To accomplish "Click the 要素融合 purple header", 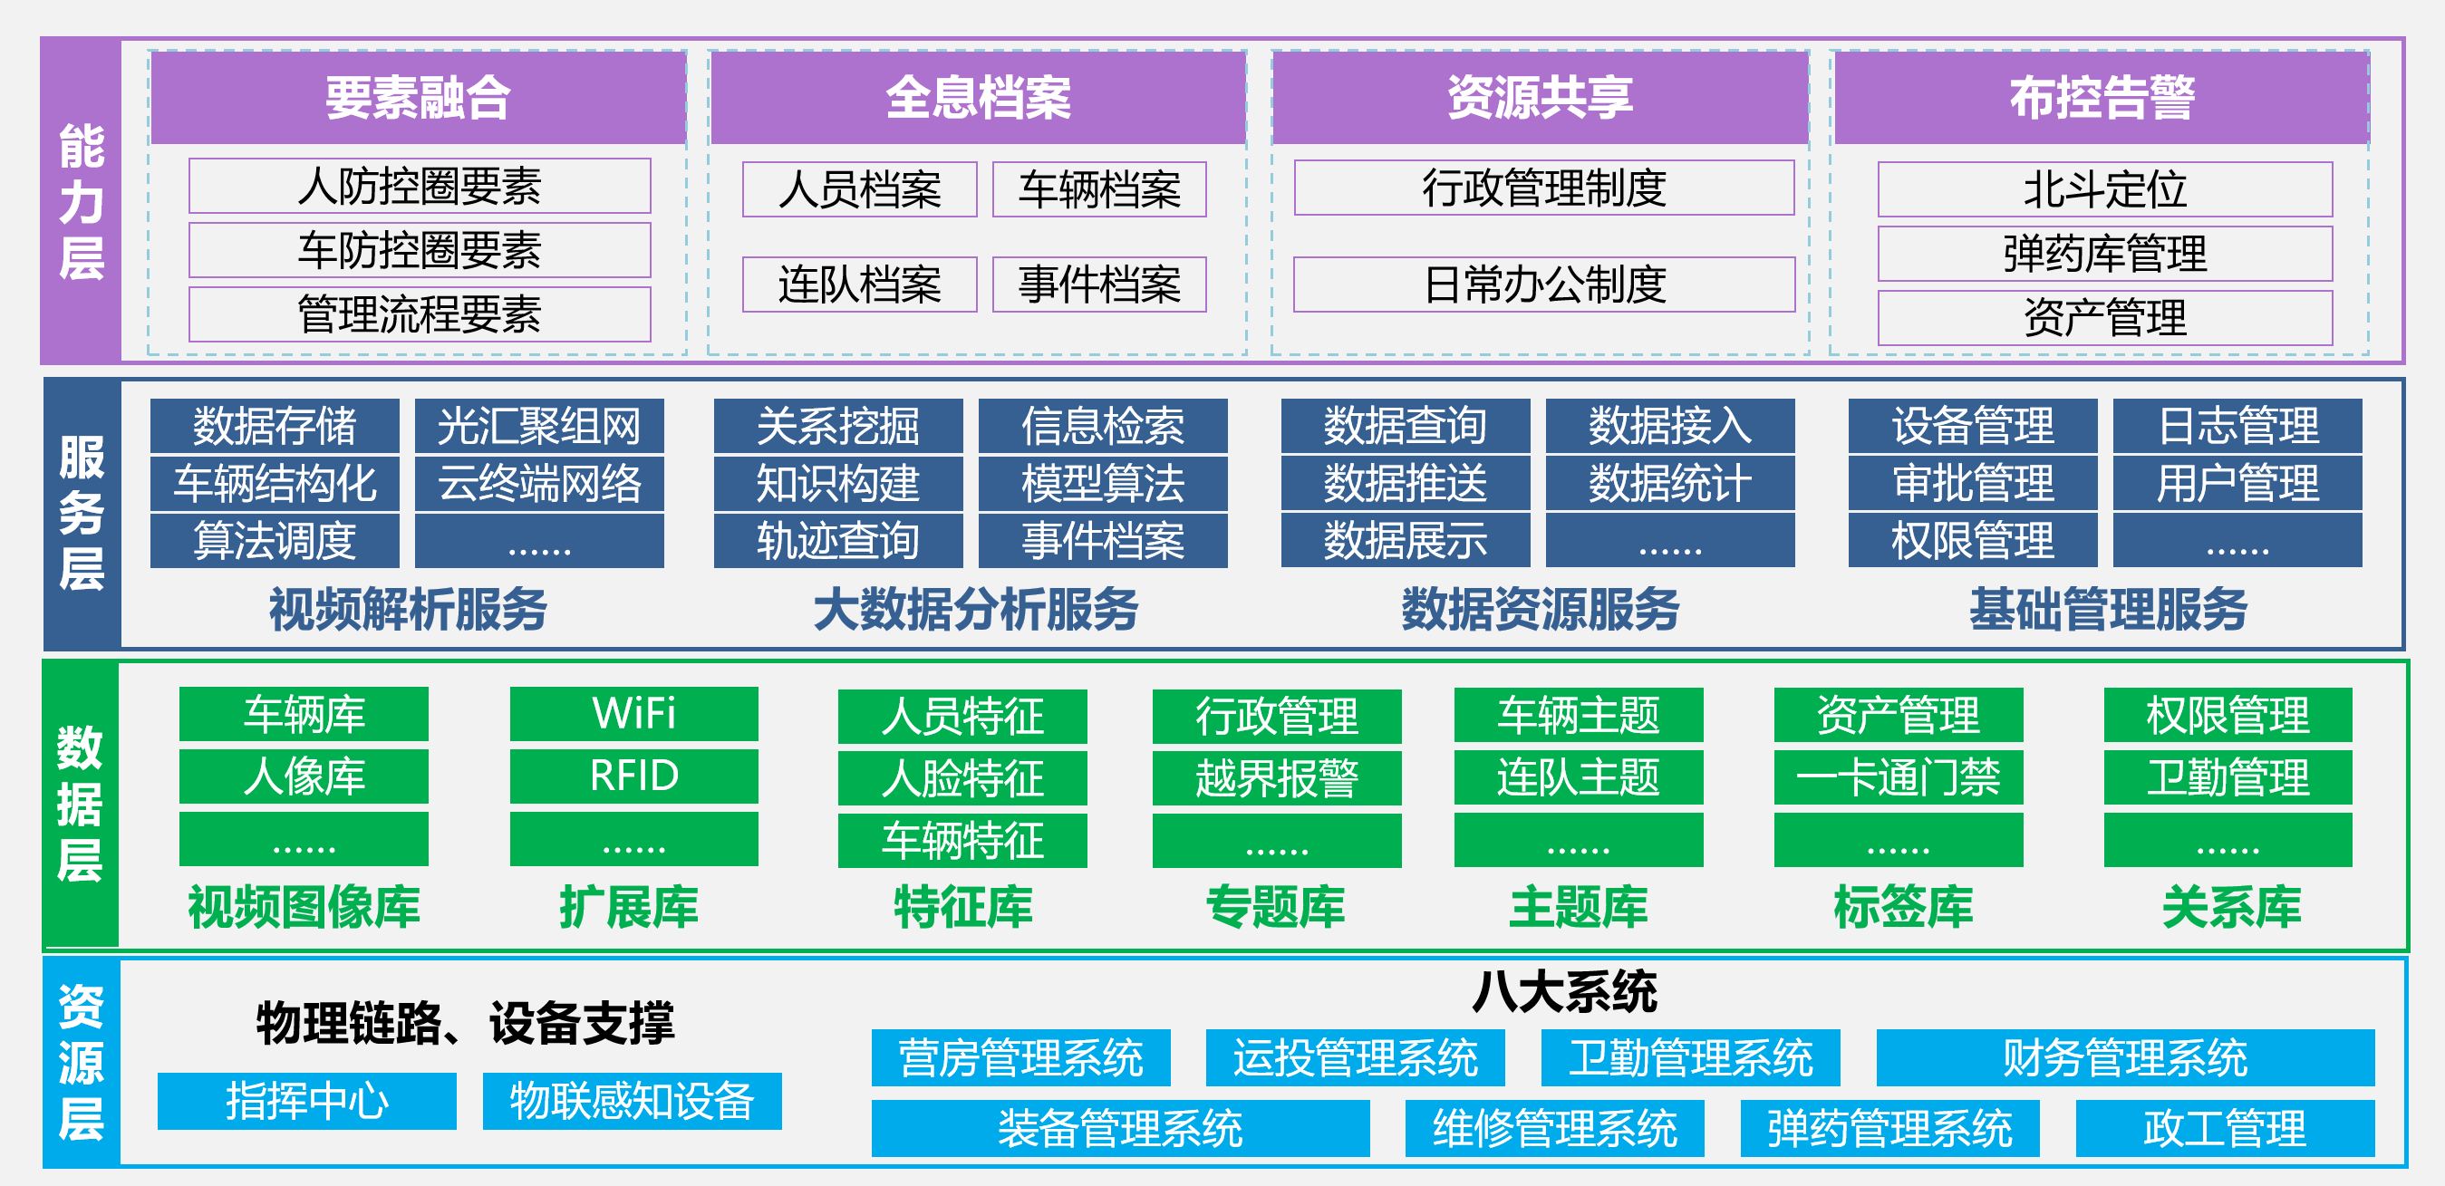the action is [419, 98].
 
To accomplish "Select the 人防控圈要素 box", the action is [420, 186].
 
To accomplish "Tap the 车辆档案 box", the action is [1099, 188].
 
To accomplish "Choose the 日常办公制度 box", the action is [1544, 284].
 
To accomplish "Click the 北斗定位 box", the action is [2105, 188].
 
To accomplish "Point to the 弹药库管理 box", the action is [2105, 254].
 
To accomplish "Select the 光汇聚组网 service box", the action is [539, 425].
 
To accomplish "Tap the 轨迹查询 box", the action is [838, 541].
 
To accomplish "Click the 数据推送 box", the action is [1406, 483].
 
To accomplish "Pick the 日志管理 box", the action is [2238, 425].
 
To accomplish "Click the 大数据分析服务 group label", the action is [976, 609].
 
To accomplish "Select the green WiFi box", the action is [634, 713].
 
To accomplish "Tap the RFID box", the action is [634, 776].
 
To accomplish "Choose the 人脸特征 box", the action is [962, 778].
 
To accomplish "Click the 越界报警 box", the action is [1277, 778].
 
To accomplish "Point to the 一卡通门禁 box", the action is [1899, 778].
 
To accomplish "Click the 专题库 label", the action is [1276, 906].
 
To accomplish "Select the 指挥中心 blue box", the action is [306, 1101].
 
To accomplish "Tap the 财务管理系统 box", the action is [2125, 1058].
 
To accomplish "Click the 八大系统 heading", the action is [1564, 991].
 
